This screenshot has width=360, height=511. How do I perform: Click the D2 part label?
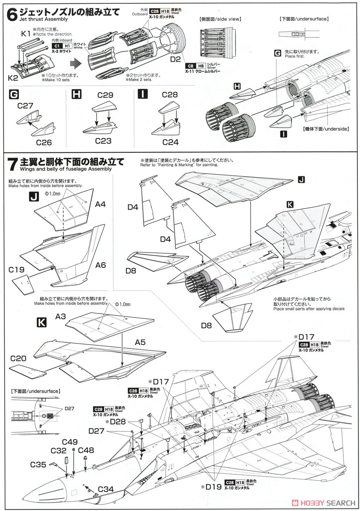point(176,58)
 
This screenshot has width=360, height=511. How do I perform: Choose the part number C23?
point(104,141)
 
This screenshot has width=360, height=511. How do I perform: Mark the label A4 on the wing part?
point(100,204)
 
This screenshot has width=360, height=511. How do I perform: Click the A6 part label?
point(100,264)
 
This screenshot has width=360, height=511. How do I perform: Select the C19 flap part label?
point(16,269)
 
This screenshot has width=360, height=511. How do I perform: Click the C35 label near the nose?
point(38,464)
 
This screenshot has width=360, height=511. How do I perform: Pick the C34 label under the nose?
point(106,489)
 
